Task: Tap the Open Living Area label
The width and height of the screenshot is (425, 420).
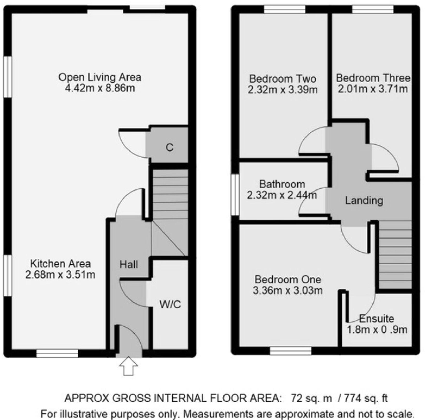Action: (x=100, y=77)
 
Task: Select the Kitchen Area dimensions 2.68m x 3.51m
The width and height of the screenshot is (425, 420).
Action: (x=60, y=275)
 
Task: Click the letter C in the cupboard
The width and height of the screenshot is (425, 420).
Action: (x=169, y=148)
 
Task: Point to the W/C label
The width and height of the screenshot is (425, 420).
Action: (x=170, y=305)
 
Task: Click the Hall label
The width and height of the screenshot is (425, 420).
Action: (x=129, y=265)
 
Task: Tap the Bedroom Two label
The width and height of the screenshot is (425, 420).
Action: (x=282, y=78)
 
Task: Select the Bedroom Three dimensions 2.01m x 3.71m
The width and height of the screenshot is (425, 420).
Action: (x=373, y=89)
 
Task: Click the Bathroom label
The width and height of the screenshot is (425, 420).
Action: (x=282, y=184)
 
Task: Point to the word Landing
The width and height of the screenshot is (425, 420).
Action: (x=364, y=201)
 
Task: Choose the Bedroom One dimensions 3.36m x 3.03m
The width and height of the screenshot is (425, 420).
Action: (x=288, y=291)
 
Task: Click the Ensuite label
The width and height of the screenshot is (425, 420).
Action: (x=377, y=319)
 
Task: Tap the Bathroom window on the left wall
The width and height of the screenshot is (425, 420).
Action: (x=235, y=194)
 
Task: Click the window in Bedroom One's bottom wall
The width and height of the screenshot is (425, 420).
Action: (x=291, y=351)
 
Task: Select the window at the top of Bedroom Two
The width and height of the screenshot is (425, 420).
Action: (x=285, y=10)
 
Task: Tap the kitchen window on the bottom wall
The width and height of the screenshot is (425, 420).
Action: (x=57, y=353)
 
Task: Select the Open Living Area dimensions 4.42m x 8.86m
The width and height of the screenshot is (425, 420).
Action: (x=100, y=88)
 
